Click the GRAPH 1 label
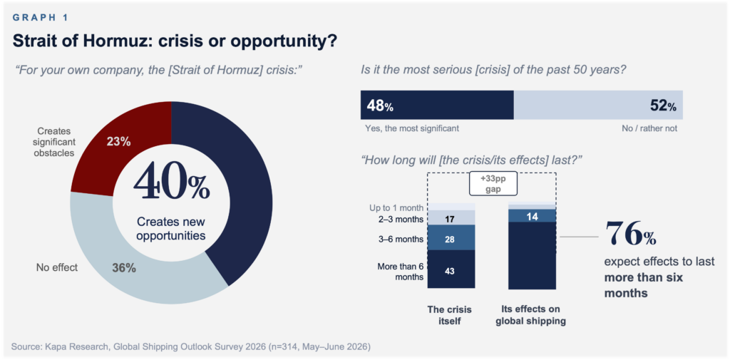click(41, 18)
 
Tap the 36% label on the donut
click(124, 268)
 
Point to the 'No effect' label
click(57, 268)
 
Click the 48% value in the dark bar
click(380, 106)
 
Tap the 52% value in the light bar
click(663, 106)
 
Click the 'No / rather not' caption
click(649, 128)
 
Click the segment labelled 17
click(451, 217)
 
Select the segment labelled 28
click(451, 237)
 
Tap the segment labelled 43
click(451, 269)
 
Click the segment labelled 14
click(533, 215)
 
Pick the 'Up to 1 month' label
click(401, 207)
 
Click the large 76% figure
click(630, 234)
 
